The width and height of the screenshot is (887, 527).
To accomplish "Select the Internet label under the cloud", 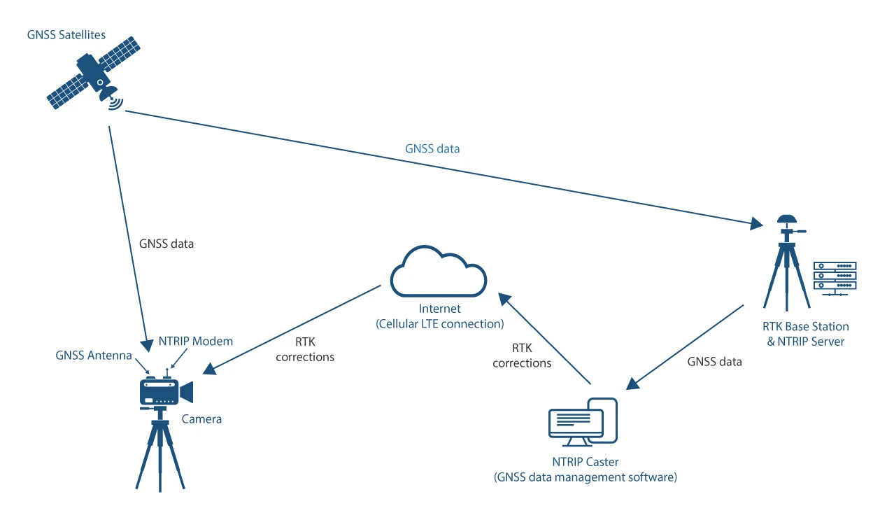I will (x=439, y=309).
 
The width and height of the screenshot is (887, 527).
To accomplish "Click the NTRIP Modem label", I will (x=196, y=341).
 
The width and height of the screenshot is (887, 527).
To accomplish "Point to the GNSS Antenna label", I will (x=94, y=356).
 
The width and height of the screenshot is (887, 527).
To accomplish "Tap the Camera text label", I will (x=201, y=419).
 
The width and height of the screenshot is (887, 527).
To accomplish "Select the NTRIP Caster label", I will (x=586, y=462).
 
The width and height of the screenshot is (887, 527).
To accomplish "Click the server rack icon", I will (x=835, y=276).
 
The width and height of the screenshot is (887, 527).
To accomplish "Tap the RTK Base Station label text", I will (x=806, y=327).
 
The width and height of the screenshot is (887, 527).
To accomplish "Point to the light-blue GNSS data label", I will (x=432, y=149).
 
